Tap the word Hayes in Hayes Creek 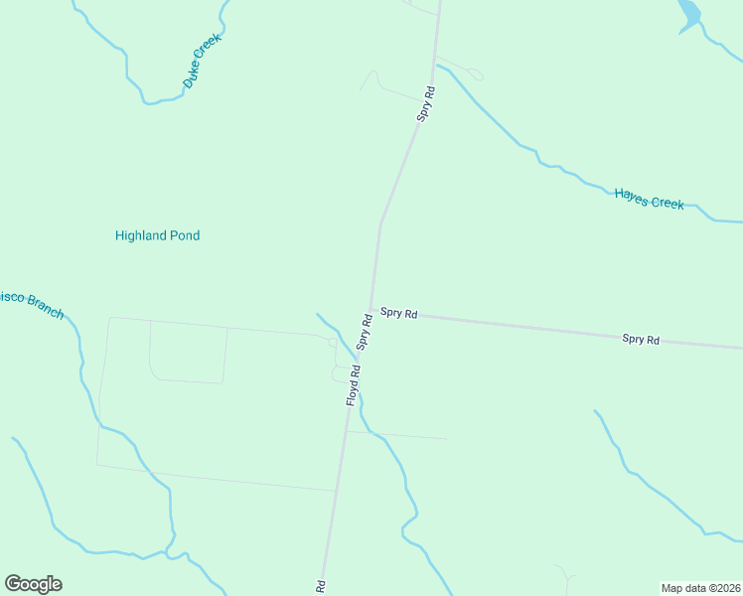[x=632, y=196]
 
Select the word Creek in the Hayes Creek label [x=668, y=203]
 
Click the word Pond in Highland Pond [x=186, y=235]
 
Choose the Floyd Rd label [x=353, y=384]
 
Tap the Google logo [x=33, y=584]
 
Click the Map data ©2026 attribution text [x=699, y=587]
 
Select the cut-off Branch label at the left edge [x=30, y=305]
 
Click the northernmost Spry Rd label [x=426, y=104]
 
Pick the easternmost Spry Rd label [x=641, y=340]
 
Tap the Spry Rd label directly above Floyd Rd [x=365, y=332]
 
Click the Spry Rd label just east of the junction [x=398, y=313]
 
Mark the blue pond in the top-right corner [x=688, y=14]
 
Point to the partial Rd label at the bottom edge [x=321, y=587]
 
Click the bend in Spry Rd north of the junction [x=380, y=223]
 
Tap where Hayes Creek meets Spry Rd [x=434, y=69]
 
